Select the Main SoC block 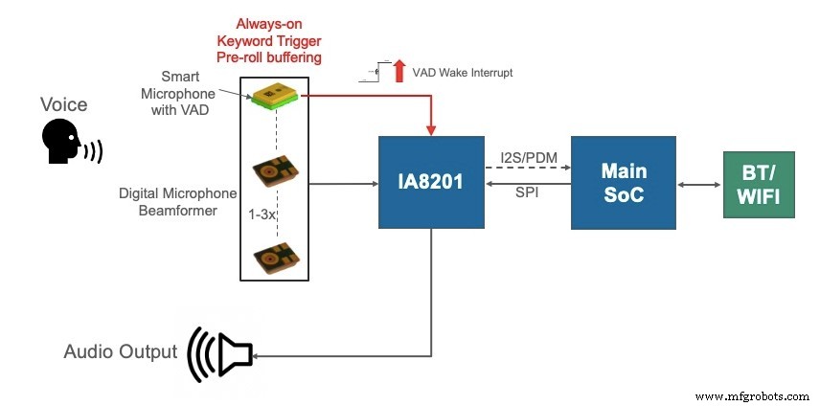tap(622, 182)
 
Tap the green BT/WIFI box tap(758, 183)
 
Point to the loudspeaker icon tap(221, 354)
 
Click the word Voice tap(65, 103)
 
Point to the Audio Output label tap(120, 351)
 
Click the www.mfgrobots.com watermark tap(753, 395)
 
